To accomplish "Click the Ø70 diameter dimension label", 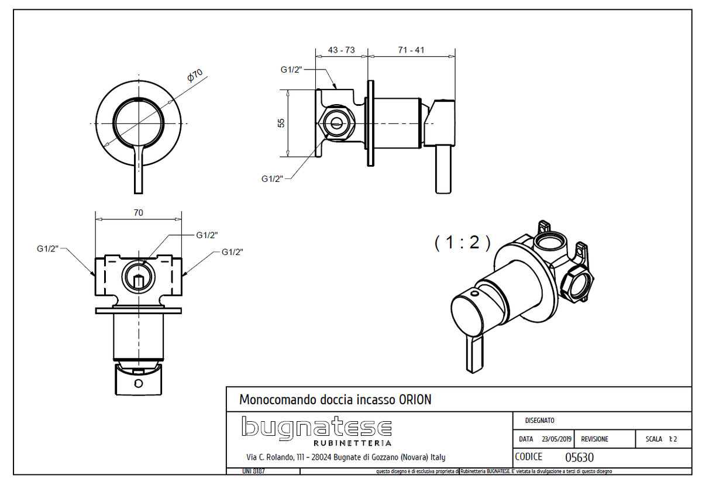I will point(195,76).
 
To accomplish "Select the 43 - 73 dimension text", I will point(341,50).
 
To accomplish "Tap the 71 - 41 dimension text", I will point(411,50).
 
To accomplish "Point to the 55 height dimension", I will point(281,123).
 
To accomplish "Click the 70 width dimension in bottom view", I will point(138,213).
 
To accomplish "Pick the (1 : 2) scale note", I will point(462,242).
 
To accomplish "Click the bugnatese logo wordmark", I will point(316,428).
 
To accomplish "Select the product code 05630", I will point(579,457).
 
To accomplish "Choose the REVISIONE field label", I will point(594,439).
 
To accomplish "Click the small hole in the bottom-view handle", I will point(138,384).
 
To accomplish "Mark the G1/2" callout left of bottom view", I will point(49,249).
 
